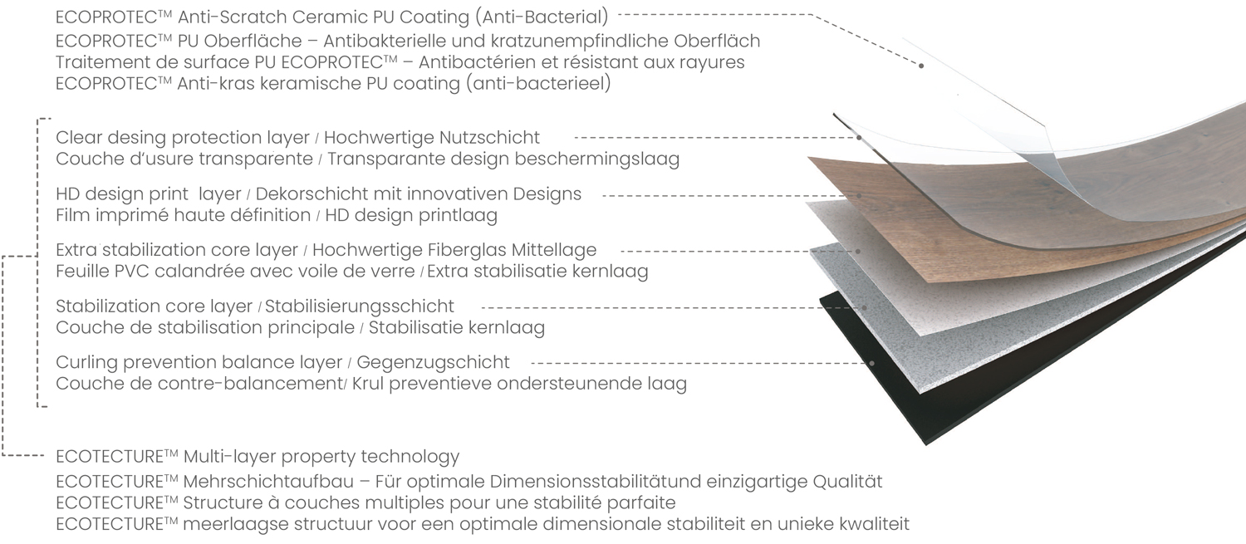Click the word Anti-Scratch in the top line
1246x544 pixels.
point(232,17)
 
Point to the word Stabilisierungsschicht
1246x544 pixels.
point(360,306)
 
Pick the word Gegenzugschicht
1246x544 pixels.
point(433,362)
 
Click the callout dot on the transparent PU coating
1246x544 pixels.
point(921,66)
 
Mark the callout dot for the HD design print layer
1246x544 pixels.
point(860,196)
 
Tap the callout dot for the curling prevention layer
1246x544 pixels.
point(871,363)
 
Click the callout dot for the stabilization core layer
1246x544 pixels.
point(865,307)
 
